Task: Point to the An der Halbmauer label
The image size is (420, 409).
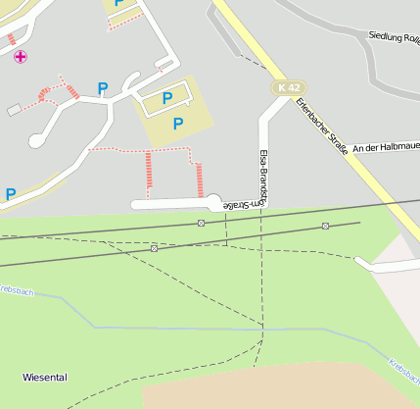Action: [386, 147]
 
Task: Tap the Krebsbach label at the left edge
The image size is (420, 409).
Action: [18, 292]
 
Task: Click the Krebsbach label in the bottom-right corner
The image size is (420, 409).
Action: [403, 373]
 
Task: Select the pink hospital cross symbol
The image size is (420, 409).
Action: [21, 57]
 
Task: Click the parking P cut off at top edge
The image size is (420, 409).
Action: [119, 3]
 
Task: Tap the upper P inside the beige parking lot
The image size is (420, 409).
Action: [166, 98]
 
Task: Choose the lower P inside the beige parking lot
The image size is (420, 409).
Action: [177, 123]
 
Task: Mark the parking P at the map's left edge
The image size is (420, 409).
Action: [11, 194]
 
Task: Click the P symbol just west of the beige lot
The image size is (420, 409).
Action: [103, 88]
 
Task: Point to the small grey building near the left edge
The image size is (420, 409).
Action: [13, 111]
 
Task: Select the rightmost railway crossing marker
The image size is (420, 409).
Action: [325, 226]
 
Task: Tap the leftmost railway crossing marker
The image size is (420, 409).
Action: [154, 248]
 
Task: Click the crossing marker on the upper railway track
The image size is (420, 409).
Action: [201, 223]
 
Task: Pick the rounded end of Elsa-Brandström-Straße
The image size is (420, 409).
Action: [212, 203]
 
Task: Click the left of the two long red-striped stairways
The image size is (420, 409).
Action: [149, 173]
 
